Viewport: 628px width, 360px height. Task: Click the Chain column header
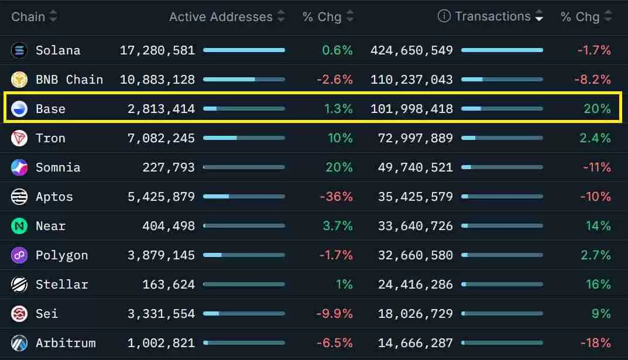click(28, 16)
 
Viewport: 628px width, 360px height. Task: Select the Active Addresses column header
click(221, 17)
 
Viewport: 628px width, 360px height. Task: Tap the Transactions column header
click(493, 16)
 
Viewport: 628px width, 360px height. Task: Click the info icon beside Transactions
click(444, 16)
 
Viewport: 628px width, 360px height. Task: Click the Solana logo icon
click(19, 50)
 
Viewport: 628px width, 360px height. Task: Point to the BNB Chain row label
click(69, 80)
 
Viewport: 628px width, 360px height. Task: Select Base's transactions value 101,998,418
click(411, 109)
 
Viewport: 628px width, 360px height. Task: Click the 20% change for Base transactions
click(597, 109)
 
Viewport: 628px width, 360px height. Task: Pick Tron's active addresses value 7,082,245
click(160, 138)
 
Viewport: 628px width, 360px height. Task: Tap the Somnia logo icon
click(19, 167)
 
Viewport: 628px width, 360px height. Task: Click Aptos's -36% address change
click(336, 197)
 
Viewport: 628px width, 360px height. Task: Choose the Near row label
click(50, 226)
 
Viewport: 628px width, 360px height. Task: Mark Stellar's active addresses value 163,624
click(169, 284)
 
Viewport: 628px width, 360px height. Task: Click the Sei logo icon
click(19, 314)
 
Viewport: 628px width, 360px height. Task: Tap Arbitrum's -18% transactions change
click(595, 343)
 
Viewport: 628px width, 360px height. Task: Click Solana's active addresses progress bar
click(243, 50)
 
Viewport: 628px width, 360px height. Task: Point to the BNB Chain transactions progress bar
click(502, 80)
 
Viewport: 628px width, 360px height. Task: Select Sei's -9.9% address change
click(334, 314)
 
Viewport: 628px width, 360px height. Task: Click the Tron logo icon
click(19, 138)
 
